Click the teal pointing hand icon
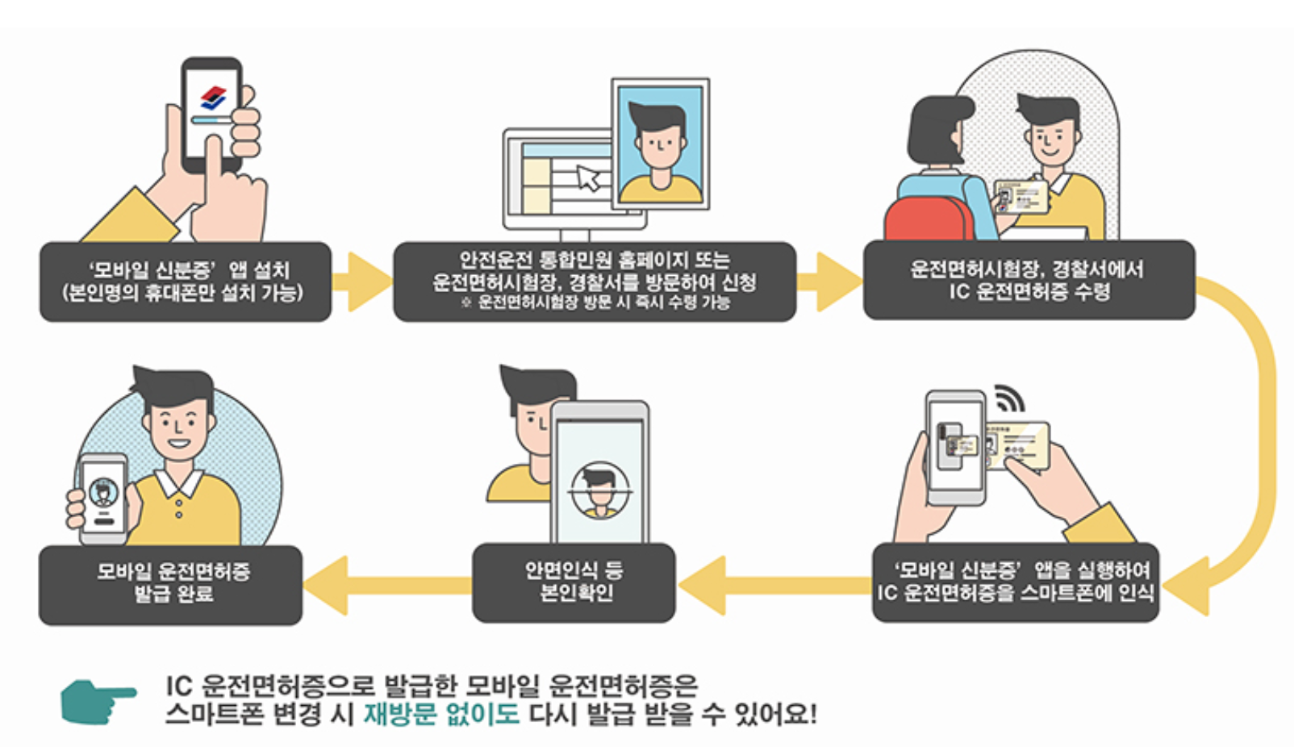[97, 700]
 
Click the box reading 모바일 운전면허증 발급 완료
[171, 584]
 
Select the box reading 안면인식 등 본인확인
[574, 582]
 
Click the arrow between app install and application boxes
[361, 282]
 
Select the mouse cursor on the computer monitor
[589, 177]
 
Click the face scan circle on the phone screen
[599, 490]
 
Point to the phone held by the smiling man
[103, 497]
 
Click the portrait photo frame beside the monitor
[660, 144]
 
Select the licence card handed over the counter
[1021, 196]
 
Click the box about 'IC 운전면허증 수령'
[1029, 280]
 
